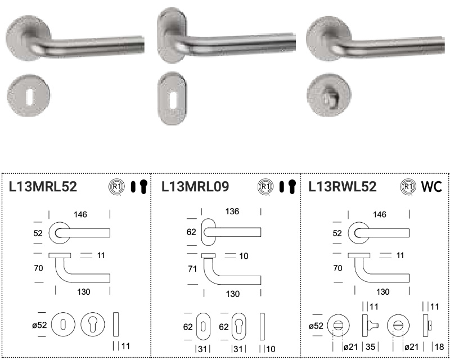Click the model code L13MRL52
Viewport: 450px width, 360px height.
(43, 187)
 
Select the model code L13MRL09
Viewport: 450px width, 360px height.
(195, 187)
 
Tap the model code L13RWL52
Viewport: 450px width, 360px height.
(343, 187)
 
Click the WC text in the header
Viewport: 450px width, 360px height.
(431, 187)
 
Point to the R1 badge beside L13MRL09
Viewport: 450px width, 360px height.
(265, 187)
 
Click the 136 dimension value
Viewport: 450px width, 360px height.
(232, 211)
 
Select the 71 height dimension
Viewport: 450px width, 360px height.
(192, 269)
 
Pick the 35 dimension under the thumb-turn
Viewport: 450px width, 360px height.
(370, 347)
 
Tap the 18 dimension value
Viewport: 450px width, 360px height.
(439, 347)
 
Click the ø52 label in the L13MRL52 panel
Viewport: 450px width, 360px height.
(39, 325)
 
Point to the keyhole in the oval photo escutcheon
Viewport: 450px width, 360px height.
(173, 100)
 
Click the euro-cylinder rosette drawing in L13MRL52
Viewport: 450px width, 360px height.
(93, 325)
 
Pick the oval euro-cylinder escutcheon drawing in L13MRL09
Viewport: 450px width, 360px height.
(238, 326)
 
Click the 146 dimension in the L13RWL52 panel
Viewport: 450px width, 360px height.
(379, 214)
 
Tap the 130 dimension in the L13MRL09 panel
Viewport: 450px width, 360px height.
(232, 294)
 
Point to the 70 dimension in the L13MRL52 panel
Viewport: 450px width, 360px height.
(38, 268)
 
